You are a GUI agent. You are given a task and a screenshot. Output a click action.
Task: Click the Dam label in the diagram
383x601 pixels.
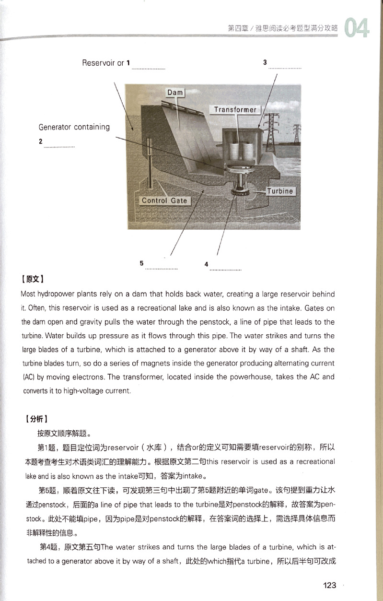coord(175,92)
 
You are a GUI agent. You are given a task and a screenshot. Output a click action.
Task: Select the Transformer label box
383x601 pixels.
coord(235,109)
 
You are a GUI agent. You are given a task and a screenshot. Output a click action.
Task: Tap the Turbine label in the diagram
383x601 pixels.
coord(279,191)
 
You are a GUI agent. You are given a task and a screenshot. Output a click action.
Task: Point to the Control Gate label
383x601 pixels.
coord(164,200)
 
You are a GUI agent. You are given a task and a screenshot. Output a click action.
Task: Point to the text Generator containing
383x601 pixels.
coord(74,127)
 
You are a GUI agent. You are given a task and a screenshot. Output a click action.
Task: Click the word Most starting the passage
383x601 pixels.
coord(29,294)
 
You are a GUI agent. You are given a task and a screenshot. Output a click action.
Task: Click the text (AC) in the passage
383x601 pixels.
coord(29,377)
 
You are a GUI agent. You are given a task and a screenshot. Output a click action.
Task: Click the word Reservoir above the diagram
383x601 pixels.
coord(99,63)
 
